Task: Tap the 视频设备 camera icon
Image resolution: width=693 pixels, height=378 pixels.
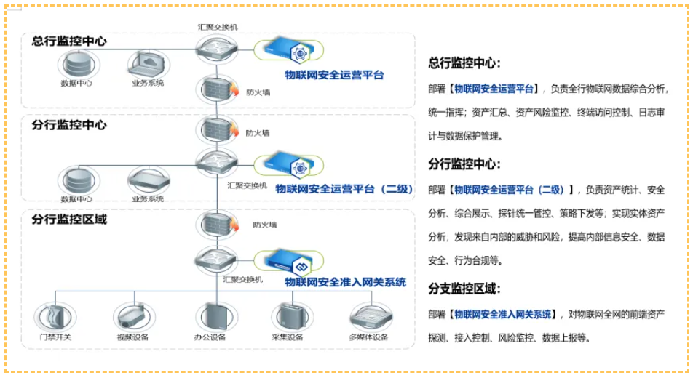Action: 133,315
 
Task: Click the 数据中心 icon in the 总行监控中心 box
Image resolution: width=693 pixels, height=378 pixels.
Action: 76,63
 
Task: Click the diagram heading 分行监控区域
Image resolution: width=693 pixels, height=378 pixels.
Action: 69,219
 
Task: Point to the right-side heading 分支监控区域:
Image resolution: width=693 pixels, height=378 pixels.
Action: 464,289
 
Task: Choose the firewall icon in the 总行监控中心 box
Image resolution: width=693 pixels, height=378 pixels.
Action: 217,90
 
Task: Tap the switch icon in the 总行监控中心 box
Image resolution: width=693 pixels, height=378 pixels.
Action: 216,49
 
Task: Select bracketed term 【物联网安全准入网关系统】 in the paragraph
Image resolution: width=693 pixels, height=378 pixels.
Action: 503,314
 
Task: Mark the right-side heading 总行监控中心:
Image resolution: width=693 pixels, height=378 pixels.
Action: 464,63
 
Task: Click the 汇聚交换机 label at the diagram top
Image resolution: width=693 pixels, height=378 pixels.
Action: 218,27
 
